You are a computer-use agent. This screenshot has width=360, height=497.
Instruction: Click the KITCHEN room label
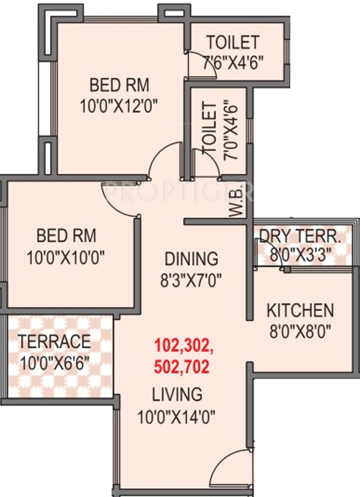tap(300, 310)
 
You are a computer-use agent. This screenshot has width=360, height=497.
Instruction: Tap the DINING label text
tap(191, 258)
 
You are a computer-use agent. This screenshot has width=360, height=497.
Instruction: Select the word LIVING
tap(177, 395)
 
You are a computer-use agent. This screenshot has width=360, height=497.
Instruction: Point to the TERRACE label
tap(55, 341)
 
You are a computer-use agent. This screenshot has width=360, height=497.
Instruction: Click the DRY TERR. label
tap(300, 236)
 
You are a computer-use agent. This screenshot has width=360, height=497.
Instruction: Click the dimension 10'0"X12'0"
tap(119, 106)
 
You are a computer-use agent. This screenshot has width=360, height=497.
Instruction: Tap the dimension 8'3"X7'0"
tap(191, 280)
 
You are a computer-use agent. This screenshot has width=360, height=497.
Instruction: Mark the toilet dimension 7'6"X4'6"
tap(233, 63)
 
